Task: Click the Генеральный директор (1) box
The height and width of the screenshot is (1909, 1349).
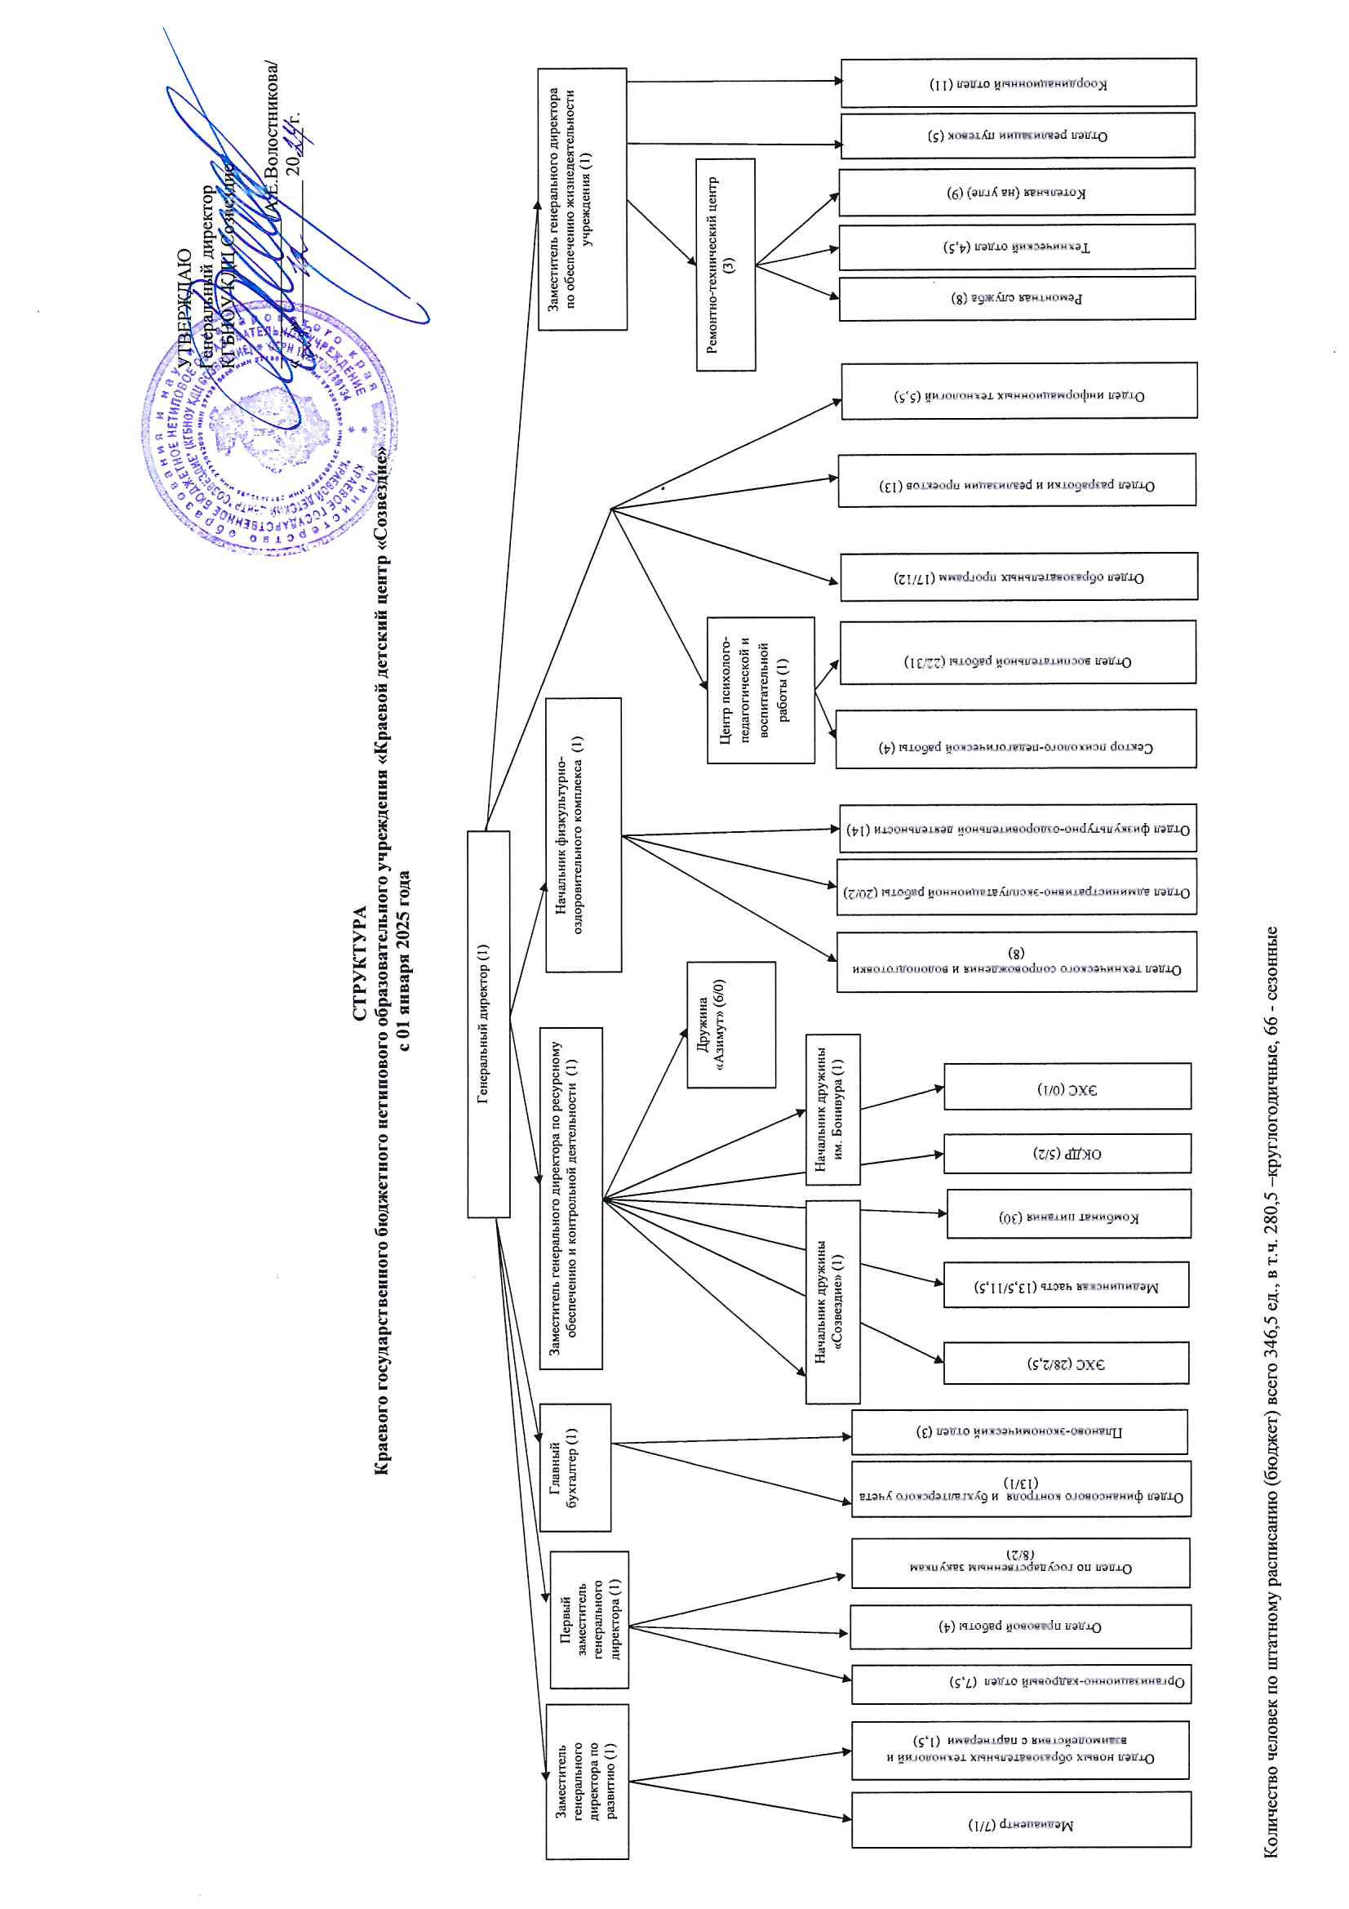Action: pyautogui.click(x=488, y=1024)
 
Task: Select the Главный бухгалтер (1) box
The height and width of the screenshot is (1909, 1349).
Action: pyautogui.click(x=575, y=1467)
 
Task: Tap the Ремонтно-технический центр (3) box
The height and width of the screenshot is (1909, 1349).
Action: pyautogui.click(x=726, y=265)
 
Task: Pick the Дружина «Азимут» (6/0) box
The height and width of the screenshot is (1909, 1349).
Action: pyautogui.click(x=730, y=1025)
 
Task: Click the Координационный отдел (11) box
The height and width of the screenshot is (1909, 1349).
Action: pyautogui.click(x=1018, y=83)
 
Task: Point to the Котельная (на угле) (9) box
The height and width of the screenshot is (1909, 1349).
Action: pyautogui.click(x=1017, y=192)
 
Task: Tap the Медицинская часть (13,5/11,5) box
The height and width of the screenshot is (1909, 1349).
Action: pyautogui.click(x=1067, y=1284)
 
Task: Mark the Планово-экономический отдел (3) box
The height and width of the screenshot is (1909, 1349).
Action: pyautogui.click(x=1019, y=1431)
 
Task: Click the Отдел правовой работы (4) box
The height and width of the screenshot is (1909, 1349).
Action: pyautogui.click(x=1020, y=1626)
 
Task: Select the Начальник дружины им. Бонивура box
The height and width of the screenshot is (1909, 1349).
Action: pyautogui.click(x=832, y=1109)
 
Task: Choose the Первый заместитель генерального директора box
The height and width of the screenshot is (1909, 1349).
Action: pyautogui.click(x=589, y=1619)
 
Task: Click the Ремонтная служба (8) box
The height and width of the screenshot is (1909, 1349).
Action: pyautogui.click(x=1017, y=298)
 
